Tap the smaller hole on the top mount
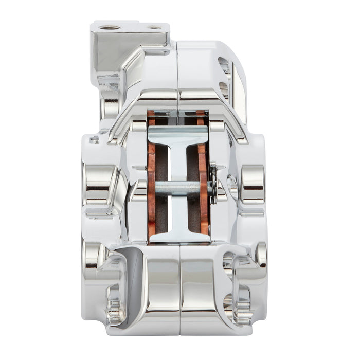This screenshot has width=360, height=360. (x=154, y=27)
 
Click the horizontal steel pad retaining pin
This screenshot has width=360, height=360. (x=177, y=188)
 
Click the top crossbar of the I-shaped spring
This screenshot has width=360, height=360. (x=178, y=135)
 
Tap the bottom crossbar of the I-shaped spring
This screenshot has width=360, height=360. (x=178, y=237)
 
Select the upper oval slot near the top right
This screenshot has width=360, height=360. (x=224, y=64)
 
